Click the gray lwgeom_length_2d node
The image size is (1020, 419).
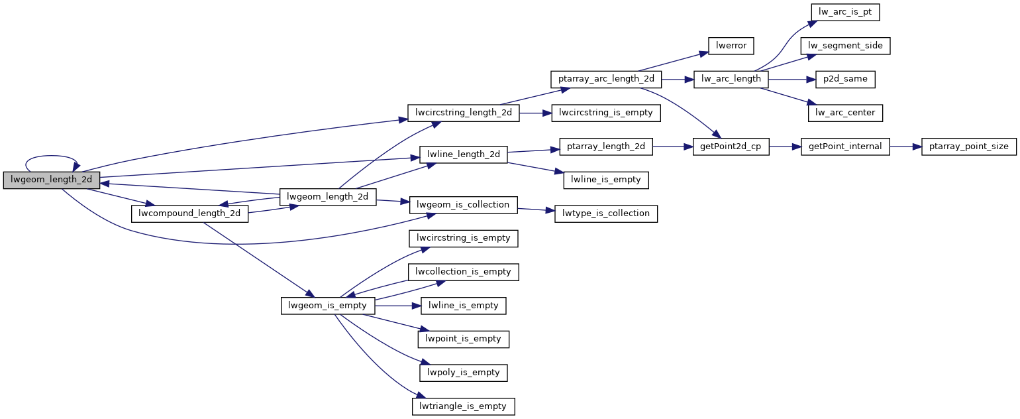(x=52, y=180)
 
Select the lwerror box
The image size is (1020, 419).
(x=732, y=46)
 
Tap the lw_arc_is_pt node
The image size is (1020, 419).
(x=844, y=13)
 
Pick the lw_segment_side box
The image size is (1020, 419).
(x=845, y=46)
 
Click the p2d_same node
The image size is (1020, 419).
(x=845, y=80)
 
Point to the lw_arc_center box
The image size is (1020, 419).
(x=845, y=113)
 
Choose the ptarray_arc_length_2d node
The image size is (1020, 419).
(x=605, y=80)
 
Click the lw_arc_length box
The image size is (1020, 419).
(x=731, y=80)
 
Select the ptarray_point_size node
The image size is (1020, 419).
(x=968, y=147)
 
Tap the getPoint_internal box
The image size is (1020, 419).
(x=845, y=147)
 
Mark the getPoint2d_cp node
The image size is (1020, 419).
(x=731, y=147)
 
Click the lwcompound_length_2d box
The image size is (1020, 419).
(x=190, y=213)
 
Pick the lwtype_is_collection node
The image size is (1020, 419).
(x=605, y=213)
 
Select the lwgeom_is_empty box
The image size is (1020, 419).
(x=329, y=306)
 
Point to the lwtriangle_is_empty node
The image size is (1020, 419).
(x=464, y=406)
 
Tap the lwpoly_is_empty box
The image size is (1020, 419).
(x=464, y=373)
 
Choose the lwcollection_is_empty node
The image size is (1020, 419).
(x=464, y=272)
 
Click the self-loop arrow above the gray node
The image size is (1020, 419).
(x=52, y=157)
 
